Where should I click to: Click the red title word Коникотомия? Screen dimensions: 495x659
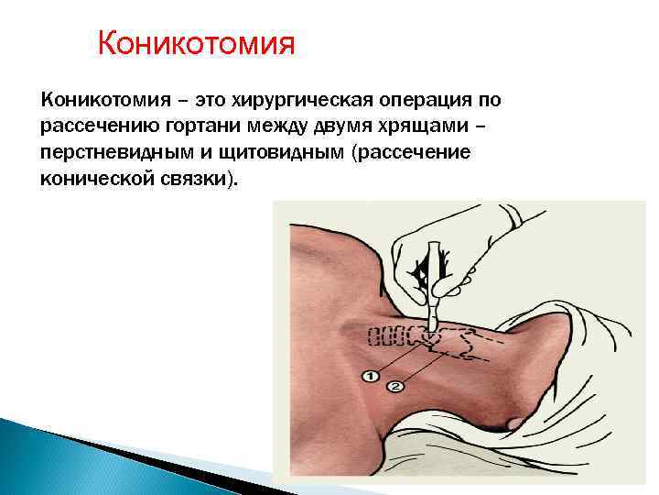(x=197, y=43)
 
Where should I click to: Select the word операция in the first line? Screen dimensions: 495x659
(x=420, y=100)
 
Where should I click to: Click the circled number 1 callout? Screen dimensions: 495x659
(x=370, y=374)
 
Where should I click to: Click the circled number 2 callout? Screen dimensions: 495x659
(x=395, y=387)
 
